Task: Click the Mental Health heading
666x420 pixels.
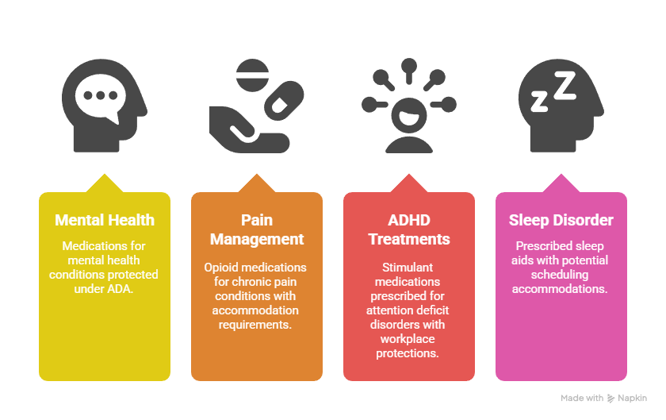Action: point(105,220)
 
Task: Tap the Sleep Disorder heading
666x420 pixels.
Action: point(561,220)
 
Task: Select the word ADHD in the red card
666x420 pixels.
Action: point(409,220)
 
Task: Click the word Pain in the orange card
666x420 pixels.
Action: point(257,220)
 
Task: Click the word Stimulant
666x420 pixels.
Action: point(408,268)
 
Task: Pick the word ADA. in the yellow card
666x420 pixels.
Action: point(121,289)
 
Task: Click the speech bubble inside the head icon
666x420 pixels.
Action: point(101,98)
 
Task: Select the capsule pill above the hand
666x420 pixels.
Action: point(284,100)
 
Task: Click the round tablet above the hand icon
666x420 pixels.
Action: point(252,75)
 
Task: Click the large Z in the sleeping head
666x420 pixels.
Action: point(565,86)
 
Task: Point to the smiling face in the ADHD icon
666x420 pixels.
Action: point(409,115)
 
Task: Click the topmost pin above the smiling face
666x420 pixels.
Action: point(409,71)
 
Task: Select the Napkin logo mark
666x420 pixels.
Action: point(610,399)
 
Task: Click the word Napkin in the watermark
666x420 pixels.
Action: point(633,399)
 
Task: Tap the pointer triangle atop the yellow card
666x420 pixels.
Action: point(105,183)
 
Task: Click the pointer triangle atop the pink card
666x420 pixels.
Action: point(561,183)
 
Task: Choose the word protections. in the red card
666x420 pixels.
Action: point(408,353)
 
